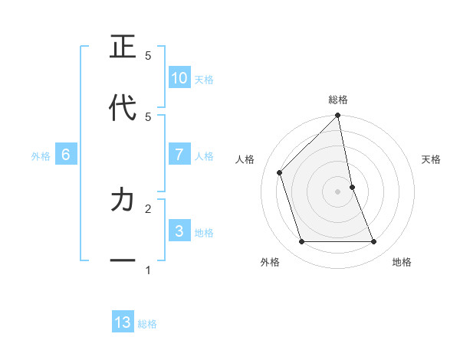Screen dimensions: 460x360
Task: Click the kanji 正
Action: click(123, 47)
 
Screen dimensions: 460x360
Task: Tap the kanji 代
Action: click(123, 107)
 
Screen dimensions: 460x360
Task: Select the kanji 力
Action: click(123, 200)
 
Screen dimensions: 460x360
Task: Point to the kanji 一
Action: click(123, 260)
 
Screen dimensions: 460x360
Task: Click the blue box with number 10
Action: click(179, 78)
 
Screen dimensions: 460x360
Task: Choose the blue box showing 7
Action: click(179, 155)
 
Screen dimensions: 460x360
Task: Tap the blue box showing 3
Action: click(179, 231)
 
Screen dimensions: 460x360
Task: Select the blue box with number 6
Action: click(66, 155)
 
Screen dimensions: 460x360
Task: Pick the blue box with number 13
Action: click(123, 322)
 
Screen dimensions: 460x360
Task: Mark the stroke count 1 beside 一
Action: click(148, 270)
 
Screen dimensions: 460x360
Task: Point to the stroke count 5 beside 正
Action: click(148, 56)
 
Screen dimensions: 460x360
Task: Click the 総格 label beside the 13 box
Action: click(147, 324)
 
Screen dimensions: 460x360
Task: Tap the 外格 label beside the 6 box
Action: click(41, 156)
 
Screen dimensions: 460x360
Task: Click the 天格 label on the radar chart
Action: click(431, 159)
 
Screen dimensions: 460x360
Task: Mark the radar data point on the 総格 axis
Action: click(338, 116)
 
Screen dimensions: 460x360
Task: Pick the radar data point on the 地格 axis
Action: click(374, 242)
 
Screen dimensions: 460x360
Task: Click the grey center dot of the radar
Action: click(338, 191)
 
